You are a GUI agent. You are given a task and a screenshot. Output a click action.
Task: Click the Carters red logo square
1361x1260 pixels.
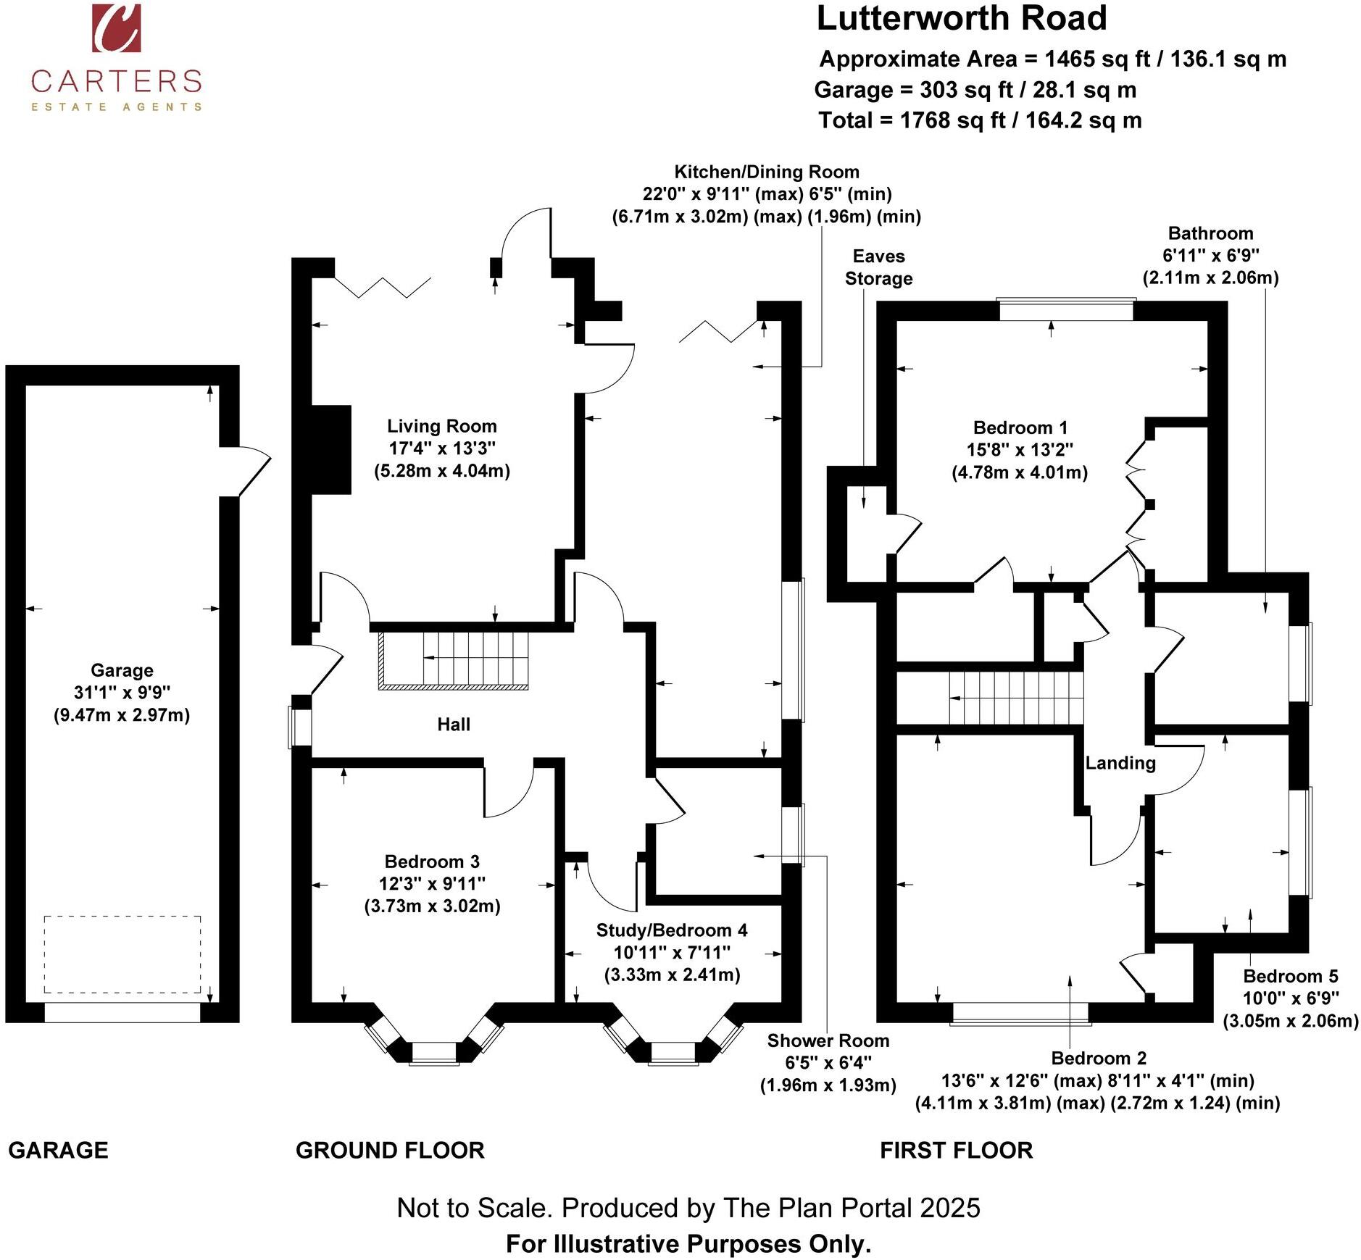coord(116,28)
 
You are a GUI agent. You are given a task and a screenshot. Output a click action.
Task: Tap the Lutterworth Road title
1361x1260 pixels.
coord(962,18)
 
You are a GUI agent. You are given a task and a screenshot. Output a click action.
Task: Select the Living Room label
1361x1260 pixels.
coord(442,448)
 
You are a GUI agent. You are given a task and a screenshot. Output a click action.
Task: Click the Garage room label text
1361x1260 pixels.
coord(122,693)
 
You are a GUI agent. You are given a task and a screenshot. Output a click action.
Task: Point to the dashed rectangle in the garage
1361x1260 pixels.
coord(122,954)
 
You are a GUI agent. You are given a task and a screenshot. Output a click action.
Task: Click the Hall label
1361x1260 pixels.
coord(454,724)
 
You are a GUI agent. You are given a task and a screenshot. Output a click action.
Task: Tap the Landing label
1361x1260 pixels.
coord(1120,763)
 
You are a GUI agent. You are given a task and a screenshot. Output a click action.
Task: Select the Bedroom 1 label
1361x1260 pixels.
coord(1020,450)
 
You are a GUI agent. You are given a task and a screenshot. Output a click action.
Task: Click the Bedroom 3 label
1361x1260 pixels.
coord(432,884)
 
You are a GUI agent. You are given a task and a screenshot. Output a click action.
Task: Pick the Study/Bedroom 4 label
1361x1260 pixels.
coord(672,952)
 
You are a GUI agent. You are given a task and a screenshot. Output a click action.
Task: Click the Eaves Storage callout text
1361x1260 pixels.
coord(878,267)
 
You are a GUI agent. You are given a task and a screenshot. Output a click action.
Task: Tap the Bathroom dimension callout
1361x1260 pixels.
coord(1210,255)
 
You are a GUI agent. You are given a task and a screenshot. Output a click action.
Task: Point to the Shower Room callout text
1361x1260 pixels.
coord(828,1063)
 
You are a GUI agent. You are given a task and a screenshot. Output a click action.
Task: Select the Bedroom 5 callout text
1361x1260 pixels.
coord(1291,998)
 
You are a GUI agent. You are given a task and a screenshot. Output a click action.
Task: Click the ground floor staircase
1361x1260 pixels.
coord(454,660)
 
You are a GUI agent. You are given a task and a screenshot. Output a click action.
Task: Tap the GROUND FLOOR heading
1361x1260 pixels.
coord(390,1150)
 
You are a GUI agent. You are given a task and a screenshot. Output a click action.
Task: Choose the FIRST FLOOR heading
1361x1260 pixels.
coord(956,1150)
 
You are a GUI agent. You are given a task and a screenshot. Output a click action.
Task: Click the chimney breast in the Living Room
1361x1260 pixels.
coord(331,450)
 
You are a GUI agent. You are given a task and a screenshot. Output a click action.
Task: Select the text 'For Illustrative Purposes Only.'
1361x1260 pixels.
coord(688,1243)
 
